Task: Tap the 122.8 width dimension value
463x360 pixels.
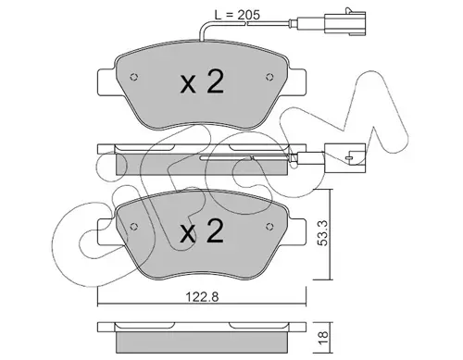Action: [202, 297]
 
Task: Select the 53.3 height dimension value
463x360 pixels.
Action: [323, 233]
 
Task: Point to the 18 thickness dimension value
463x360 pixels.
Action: [323, 339]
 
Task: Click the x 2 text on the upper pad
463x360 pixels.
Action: [202, 81]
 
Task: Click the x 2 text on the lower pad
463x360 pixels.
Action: [202, 231]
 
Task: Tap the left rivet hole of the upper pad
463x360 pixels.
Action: [134, 77]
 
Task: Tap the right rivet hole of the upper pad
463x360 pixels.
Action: [269, 77]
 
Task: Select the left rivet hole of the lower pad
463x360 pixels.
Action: [134, 227]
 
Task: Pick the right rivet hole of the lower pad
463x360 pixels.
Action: [269, 227]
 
